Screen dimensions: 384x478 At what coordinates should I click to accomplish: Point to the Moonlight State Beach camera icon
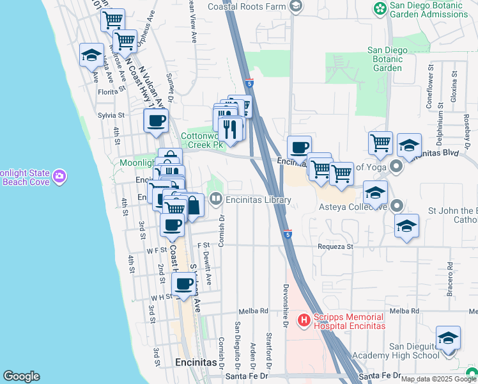click(x=59, y=175)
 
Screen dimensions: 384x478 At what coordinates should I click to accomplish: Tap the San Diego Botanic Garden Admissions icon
click(x=380, y=8)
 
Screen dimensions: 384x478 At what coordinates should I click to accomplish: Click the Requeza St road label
click(x=336, y=246)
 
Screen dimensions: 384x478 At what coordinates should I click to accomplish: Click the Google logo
click(x=21, y=376)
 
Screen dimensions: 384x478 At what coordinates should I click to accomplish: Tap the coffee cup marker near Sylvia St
click(x=155, y=121)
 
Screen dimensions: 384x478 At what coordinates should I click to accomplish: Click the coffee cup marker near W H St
click(x=184, y=284)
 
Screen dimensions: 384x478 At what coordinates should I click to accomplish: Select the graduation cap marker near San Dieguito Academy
click(x=448, y=339)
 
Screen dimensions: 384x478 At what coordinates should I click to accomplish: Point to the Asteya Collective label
click(x=353, y=207)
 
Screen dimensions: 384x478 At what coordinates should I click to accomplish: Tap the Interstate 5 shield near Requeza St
click(x=288, y=235)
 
